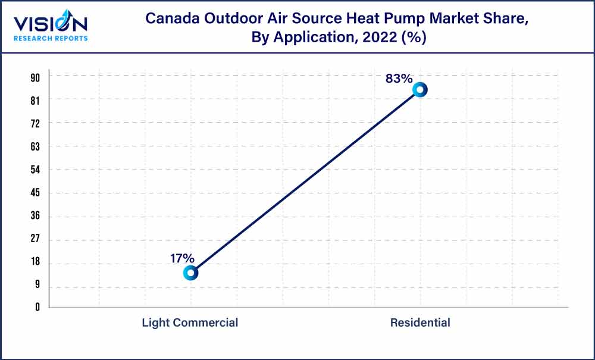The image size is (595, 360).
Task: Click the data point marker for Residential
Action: click(x=420, y=90)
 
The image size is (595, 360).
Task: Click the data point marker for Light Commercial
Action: click(x=190, y=273)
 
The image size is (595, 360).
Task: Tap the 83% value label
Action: click(x=399, y=78)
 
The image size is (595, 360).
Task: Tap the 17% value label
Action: click(x=182, y=258)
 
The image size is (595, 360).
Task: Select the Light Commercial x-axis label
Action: click(x=190, y=323)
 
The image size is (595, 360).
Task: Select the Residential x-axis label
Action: click(x=420, y=323)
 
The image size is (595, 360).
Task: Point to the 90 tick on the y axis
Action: click(x=35, y=77)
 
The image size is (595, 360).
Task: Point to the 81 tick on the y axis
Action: click(x=35, y=101)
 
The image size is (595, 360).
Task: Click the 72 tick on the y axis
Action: click(x=35, y=124)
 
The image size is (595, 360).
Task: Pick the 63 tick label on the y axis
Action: click(x=35, y=146)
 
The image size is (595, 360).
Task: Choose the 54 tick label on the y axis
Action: click(x=35, y=170)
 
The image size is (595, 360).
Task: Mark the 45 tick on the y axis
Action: click(x=35, y=193)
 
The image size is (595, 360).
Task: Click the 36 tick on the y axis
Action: click(x=35, y=217)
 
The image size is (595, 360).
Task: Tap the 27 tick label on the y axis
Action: click(x=35, y=240)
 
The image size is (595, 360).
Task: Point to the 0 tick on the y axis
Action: click(x=37, y=307)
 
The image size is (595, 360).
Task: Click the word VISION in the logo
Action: click(x=51, y=24)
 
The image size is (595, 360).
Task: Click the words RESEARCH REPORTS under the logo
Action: click(x=51, y=39)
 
